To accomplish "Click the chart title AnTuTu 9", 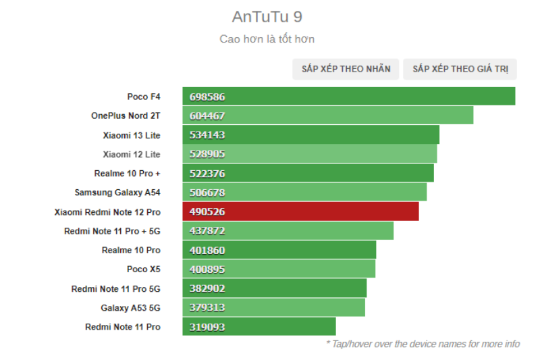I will [267, 17].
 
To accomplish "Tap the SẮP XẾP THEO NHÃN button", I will [346, 69].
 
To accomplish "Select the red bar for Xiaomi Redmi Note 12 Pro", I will [300, 211].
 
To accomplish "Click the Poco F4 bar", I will [348, 97].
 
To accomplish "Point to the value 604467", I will [207, 116].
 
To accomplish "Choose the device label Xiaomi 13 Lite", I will [132, 135].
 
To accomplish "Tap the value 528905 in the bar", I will [207, 154].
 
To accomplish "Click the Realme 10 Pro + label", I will [128, 174].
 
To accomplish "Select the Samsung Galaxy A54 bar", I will [304, 192].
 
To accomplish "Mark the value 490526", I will [207, 212].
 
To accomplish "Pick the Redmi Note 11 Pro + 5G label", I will [113, 231].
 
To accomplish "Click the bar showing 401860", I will [279, 250].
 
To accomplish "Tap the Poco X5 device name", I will [144, 269].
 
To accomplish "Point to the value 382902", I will [207, 288].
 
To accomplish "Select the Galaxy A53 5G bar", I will [273, 307].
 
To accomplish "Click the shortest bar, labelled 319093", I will [259, 327].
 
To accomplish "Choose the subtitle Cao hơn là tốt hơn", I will [267, 39].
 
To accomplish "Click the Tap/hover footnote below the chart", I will [423, 344].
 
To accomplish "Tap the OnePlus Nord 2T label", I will [126, 115].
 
